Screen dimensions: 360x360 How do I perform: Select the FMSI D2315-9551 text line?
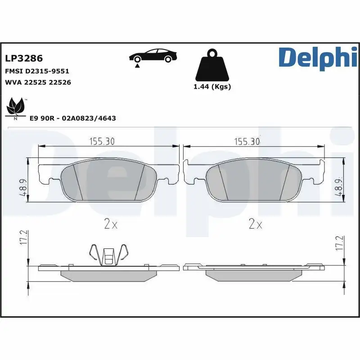pyautogui.click(x=36, y=71)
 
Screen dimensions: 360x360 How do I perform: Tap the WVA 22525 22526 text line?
pyautogui.click(x=38, y=82)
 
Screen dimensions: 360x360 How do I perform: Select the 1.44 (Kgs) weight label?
pyautogui.click(x=212, y=87)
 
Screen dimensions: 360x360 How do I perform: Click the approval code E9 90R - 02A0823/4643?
pyautogui.click(x=72, y=118)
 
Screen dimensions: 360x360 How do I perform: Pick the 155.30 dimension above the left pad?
pyautogui.click(x=102, y=141)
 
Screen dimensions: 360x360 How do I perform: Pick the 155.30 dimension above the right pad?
pyautogui.click(x=247, y=141)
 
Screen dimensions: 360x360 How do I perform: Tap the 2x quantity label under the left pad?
pyautogui.click(x=110, y=224)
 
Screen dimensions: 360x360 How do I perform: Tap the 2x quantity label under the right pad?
pyautogui.click(x=255, y=224)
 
